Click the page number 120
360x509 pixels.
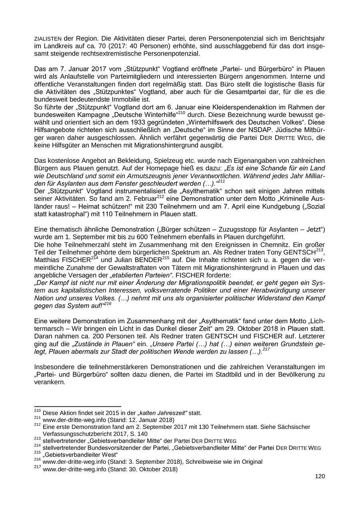[x=320, y=476]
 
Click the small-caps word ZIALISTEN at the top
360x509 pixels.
[x=48, y=39]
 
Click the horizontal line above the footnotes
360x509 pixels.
[x=78, y=407]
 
